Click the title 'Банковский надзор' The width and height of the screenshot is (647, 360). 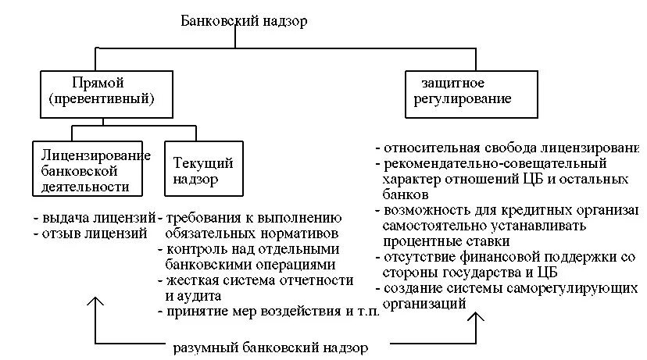[244, 21]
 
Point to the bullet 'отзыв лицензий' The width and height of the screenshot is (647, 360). [91, 233]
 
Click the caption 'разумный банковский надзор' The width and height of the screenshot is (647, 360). [270, 346]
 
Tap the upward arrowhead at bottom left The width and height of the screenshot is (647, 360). [95, 301]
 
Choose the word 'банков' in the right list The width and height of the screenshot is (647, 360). [406, 194]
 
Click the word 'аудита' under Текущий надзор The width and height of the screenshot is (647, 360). [194, 296]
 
